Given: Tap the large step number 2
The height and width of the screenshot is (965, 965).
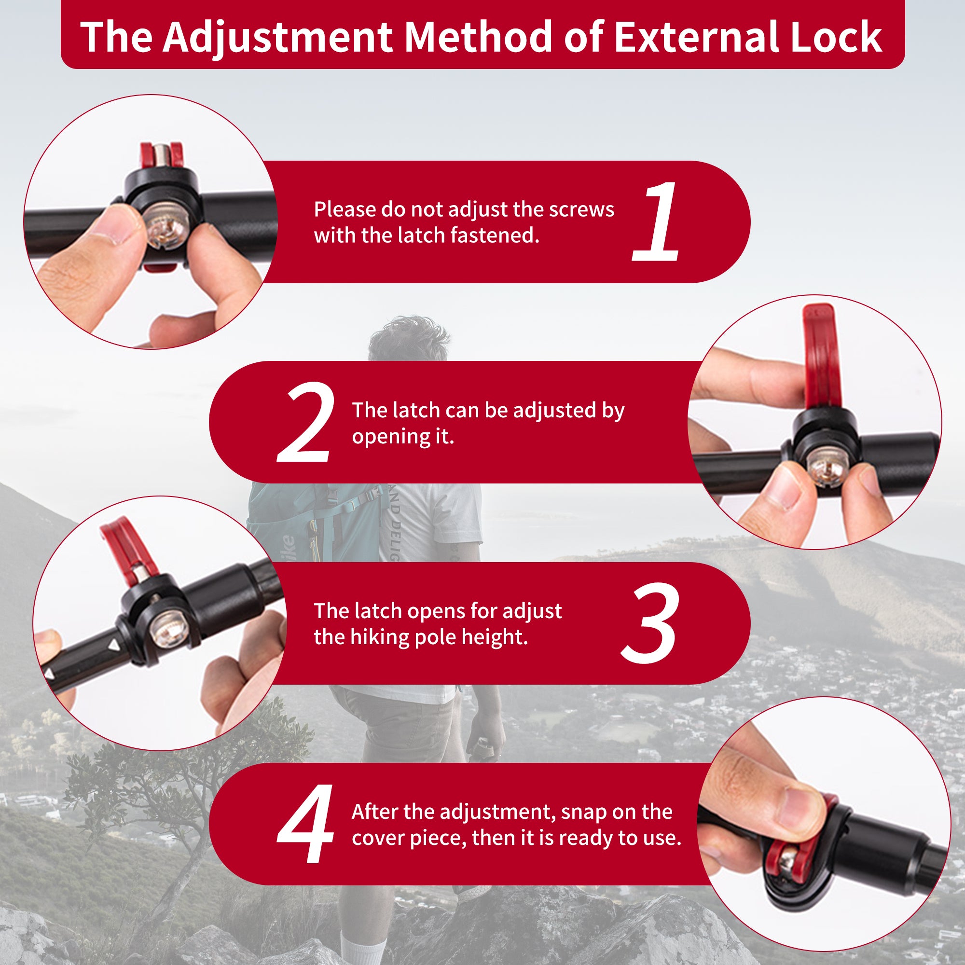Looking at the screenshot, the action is (305, 423).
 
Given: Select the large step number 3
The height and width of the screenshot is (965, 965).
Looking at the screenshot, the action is (650, 624).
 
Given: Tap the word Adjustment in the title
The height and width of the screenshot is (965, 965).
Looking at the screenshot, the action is (278, 39).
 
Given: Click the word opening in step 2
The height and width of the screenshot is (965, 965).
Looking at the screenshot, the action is (390, 438).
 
